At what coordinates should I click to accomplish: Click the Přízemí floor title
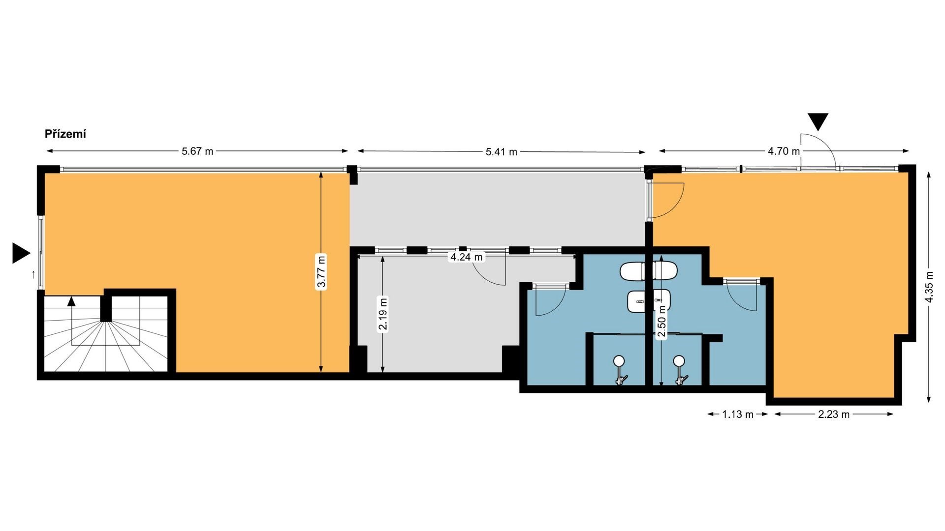65,134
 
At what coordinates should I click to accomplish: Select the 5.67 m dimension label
197,151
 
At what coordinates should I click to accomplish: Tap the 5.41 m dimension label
502,151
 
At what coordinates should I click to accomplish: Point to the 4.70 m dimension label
784,151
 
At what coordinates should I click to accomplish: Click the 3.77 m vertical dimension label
321,271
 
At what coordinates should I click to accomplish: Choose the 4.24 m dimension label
467,257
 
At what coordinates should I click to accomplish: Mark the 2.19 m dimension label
383,314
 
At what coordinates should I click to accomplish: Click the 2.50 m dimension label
662,321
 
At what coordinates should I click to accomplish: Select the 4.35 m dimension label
929,288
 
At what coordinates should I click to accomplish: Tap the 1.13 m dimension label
738,414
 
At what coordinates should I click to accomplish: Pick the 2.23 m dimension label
834,414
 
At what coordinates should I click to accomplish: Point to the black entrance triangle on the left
21,253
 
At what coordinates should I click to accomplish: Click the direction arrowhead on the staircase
72,301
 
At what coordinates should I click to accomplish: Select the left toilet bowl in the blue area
632,271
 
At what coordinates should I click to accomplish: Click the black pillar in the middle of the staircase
106,308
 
